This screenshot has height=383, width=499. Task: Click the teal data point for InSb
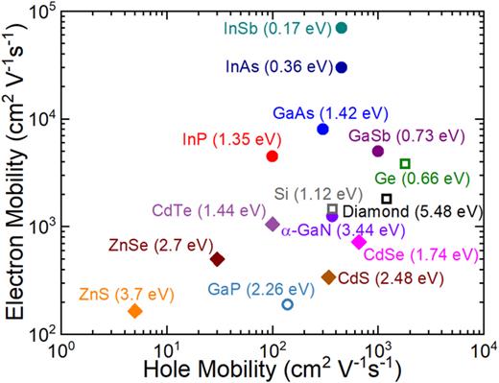(342, 28)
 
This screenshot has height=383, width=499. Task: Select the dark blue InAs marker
(342, 67)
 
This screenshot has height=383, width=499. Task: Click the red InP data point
(273, 156)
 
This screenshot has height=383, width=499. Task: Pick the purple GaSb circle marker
(378, 151)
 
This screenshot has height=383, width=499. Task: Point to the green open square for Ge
(405, 163)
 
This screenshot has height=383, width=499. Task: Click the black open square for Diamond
(387, 199)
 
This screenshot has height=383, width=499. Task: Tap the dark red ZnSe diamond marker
(218, 259)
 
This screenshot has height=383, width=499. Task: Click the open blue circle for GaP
(288, 304)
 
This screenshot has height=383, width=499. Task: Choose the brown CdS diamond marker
(328, 277)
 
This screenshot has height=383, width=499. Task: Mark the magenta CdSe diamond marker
(359, 242)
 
